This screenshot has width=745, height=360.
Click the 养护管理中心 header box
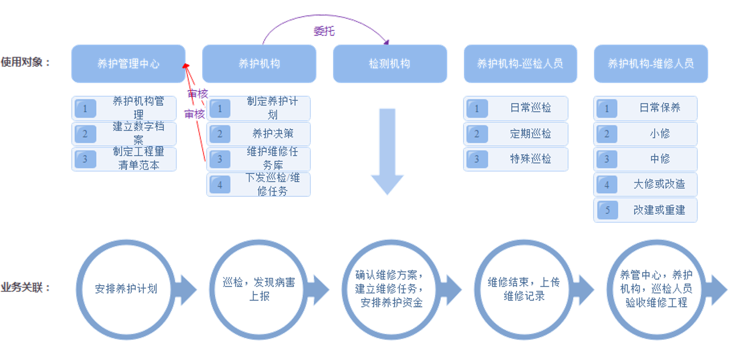point(128,64)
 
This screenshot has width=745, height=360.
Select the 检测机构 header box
point(390,64)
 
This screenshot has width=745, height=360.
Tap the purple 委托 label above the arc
point(324,31)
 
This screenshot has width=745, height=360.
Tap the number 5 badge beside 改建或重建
point(607,210)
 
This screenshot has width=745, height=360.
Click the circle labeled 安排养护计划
point(126,289)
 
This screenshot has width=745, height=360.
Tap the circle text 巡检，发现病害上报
point(259,289)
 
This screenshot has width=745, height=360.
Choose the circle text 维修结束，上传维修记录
point(523,289)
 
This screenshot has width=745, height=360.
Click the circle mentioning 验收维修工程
point(656,289)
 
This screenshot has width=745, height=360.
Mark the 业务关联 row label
point(25,288)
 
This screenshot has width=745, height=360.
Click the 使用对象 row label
point(25,62)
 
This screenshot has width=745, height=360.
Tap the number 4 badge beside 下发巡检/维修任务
point(219,185)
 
